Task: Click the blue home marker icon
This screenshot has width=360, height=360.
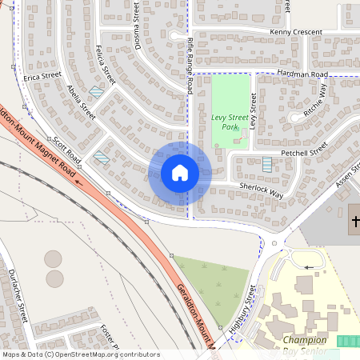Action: pyautogui.click(x=180, y=173)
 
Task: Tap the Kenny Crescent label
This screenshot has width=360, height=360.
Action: pyautogui.click(x=295, y=32)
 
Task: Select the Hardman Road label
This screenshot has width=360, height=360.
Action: pyautogui.click(x=302, y=74)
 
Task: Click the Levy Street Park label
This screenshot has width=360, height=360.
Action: pyautogui.click(x=230, y=122)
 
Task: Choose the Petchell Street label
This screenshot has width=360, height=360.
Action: pyautogui.click(x=303, y=150)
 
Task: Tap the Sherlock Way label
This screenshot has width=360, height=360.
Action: pyautogui.click(x=261, y=189)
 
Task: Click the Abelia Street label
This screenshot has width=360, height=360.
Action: pyautogui.click(x=82, y=102)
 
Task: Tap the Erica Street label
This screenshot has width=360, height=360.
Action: pyautogui.click(x=42, y=77)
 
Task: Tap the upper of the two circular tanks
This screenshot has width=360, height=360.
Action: pyautogui.click(x=53, y=258)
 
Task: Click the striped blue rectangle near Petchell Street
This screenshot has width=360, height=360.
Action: pyautogui.click(x=267, y=164)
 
